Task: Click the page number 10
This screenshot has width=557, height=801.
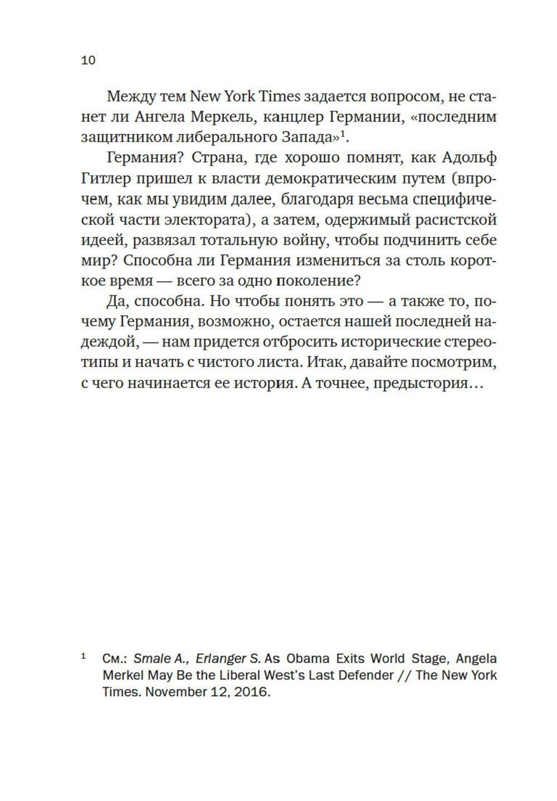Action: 89,60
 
